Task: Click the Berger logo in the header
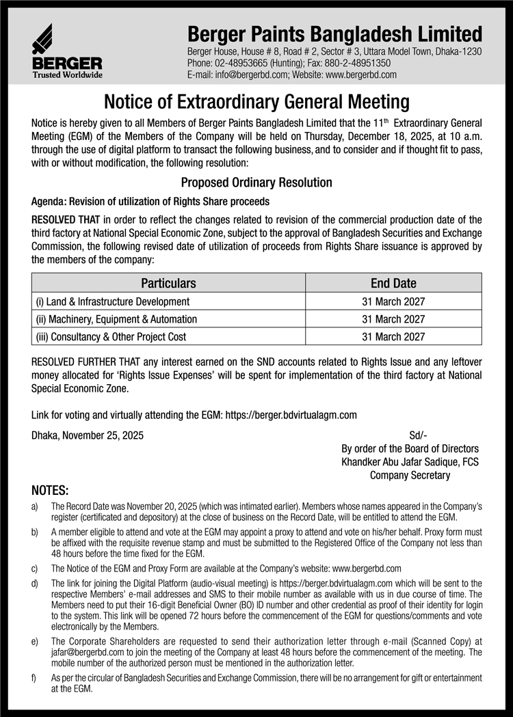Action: click(66, 51)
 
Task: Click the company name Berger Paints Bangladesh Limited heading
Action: click(334, 33)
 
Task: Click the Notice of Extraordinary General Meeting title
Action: click(256, 103)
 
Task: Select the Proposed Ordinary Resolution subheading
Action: click(256, 182)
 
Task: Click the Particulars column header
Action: click(168, 283)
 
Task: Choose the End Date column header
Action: click(393, 283)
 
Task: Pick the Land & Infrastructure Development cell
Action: click(113, 301)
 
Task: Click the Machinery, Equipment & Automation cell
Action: click(116, 319)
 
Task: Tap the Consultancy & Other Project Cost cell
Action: click(111, 336)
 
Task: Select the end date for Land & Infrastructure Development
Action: click(393, 301)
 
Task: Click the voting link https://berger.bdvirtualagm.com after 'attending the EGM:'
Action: click(291, 415)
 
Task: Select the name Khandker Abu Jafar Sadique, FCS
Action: click(410, 462)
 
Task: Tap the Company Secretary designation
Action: click(410, 475)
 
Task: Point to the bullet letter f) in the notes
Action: click(35, 677)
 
